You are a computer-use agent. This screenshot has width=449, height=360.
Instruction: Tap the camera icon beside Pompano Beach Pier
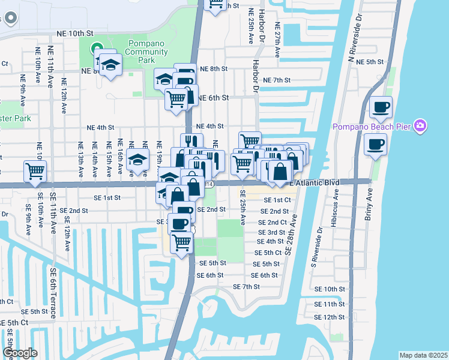pyautogui.click(x=421, y=126)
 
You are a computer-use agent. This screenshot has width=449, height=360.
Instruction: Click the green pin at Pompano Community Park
pyautogui.click(x=95, y=49)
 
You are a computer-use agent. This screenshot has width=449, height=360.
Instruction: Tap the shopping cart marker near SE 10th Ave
pyautogui.click(x=35, y=170)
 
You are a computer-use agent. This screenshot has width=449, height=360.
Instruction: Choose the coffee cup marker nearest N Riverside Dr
pyautogui.click(x=381, y=108)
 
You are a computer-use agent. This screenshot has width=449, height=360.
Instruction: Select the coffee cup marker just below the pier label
pyautogui.click(x=375, y=145)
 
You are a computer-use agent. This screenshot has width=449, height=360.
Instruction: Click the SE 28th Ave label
pyautogui.click(x=292, y=236)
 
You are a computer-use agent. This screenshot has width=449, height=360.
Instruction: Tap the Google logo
pyautogui.click(x=20, y=353)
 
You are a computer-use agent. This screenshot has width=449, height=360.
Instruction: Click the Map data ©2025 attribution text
pyautogui.click(x=423, y=355)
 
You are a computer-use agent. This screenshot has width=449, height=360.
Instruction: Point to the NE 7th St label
pyautogui.click(x=277, y=80)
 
